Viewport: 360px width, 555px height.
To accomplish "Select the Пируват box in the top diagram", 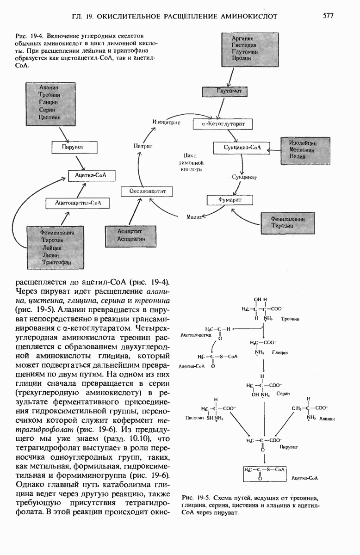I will [x=74, y=148].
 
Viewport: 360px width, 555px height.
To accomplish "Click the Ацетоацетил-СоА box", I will [x=78, y=203].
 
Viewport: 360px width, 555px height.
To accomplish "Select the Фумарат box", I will [x=230, y=200].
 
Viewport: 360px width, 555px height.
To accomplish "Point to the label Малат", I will [x=194, y=216].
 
